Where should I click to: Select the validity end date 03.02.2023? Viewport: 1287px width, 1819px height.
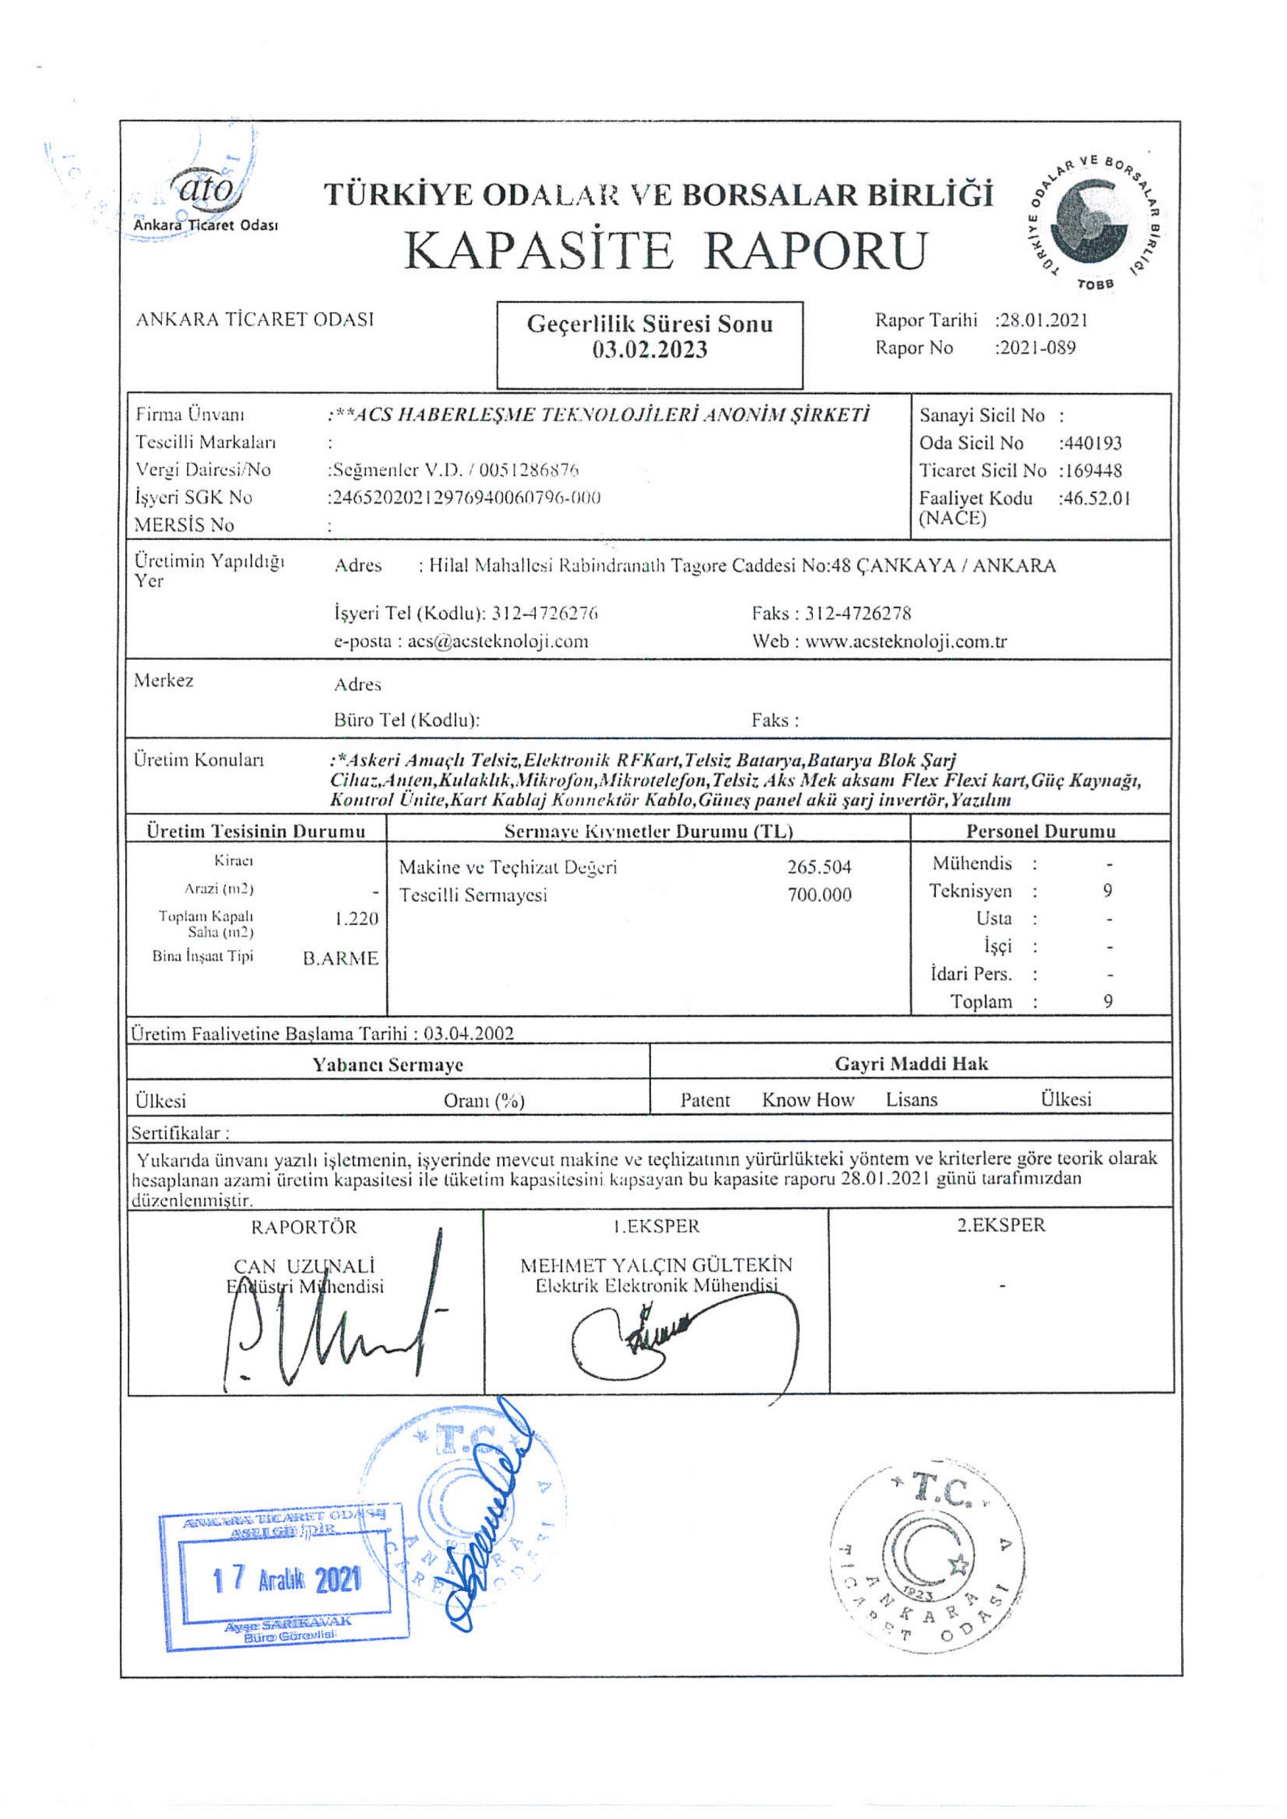click(x=650, y=350)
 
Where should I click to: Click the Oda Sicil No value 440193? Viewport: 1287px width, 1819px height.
click(x=1092, y=443)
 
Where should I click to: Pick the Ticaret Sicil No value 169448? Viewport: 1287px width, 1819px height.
click(x=1092, y=470)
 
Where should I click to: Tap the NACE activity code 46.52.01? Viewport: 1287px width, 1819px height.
click(x=1096, y=498)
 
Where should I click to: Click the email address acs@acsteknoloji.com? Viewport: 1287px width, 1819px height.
click(x=497, y=641)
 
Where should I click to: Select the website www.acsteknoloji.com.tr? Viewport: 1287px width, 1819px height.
click(x=906, y=641)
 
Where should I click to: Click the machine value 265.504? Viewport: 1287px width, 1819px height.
click(x=819, y=867)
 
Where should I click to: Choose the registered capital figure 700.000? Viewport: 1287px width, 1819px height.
click(x=819, y=895)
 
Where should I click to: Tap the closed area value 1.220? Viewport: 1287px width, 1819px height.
click(x=356, y=918)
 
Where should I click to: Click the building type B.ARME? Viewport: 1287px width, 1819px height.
click(x=341, y=959)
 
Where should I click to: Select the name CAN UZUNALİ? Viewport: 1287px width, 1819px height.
click(x=304, y=1266)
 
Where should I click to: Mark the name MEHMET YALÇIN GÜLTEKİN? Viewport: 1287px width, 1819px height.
click(x=655, y=1265)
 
